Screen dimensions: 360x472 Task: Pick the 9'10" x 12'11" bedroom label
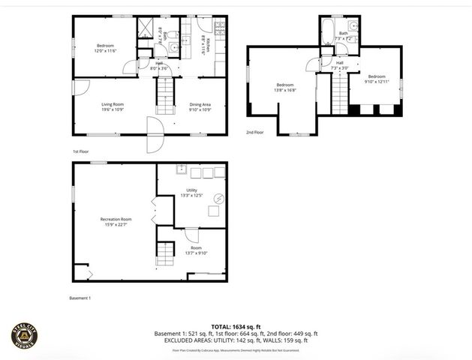pos(376,76)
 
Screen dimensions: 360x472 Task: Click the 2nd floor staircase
pos(340,94)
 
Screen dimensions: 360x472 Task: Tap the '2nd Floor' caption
pos(255,132)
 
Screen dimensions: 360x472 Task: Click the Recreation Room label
pos(116,219)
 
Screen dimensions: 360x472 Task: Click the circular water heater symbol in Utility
pos(218,199)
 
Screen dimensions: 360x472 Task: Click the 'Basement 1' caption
pos(80,298)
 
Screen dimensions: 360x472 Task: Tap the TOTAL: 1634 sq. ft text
pos(236,326)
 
